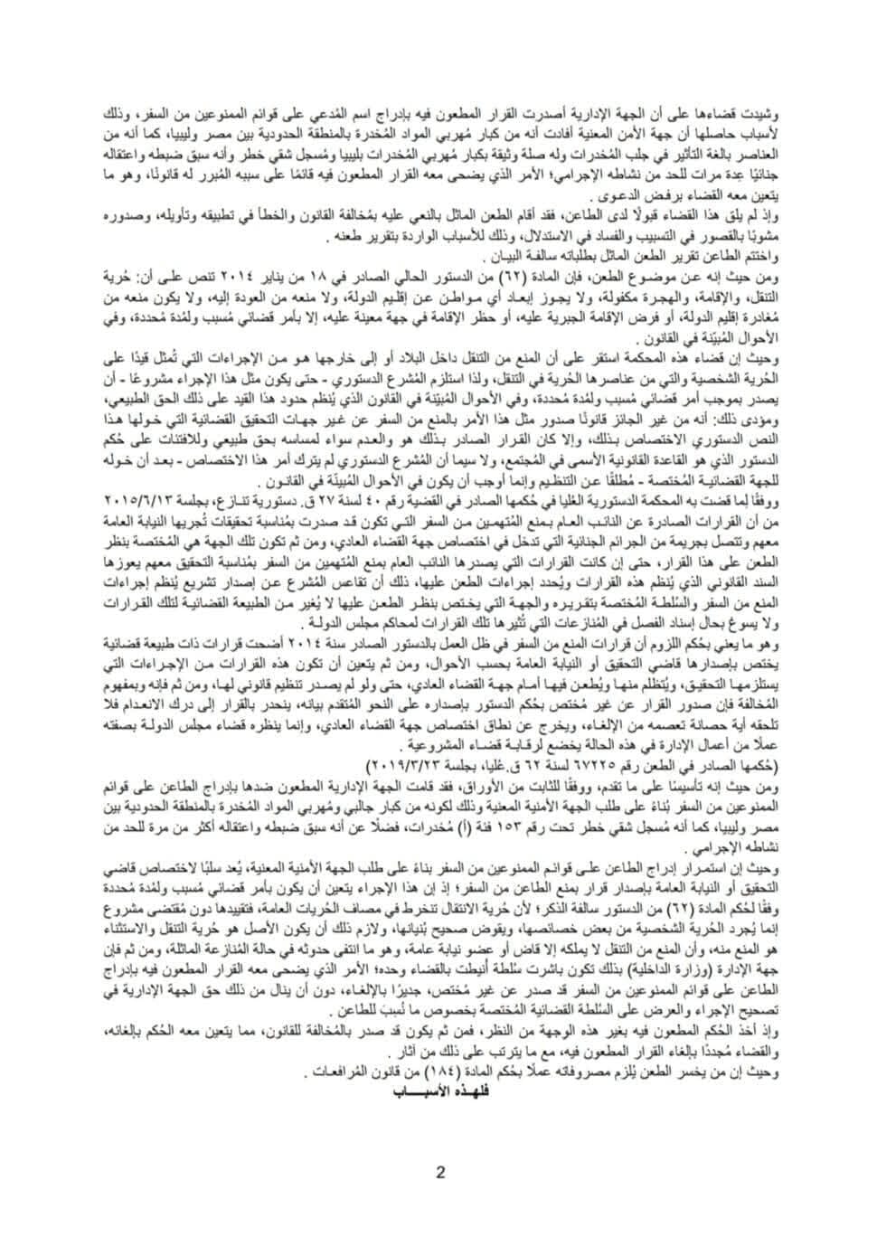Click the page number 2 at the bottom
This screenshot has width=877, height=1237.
[x=440, y=1174]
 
